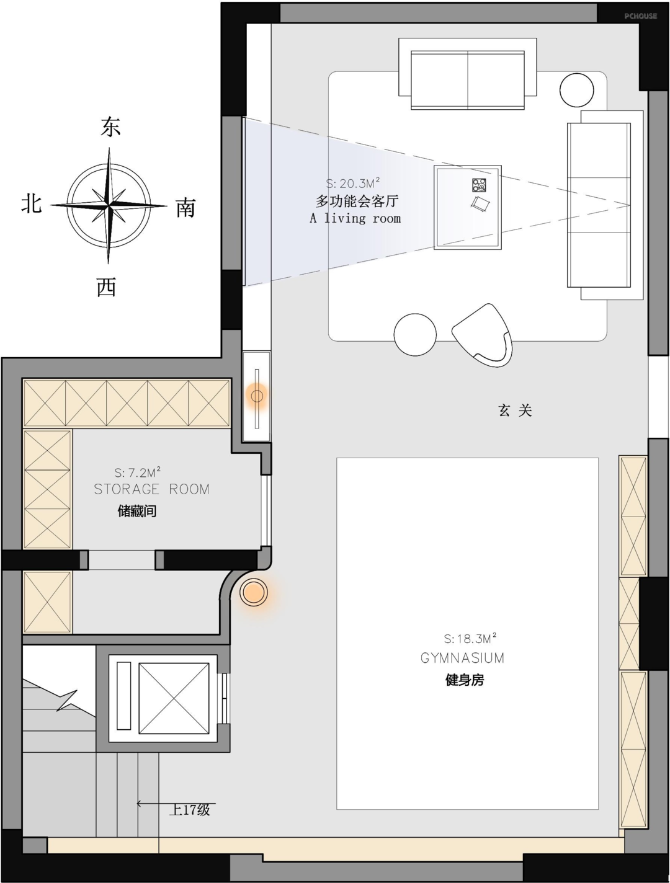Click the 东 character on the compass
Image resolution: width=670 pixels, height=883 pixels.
(110, 126)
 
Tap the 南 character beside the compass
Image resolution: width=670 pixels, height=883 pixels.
(185, 208)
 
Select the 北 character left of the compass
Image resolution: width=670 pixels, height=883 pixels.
(32, 203)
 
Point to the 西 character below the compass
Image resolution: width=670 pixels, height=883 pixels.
(107, 287)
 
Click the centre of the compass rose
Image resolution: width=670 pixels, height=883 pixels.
(109, 206)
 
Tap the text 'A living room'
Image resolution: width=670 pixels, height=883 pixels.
(355, 218)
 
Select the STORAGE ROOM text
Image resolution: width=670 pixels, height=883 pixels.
(152, 489)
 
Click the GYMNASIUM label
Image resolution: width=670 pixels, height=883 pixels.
(462, 658)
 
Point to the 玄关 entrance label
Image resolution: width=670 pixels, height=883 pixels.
(515, 410)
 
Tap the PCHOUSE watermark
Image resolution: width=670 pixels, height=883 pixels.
(641, 16)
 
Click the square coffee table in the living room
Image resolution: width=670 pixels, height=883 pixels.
(468, 207)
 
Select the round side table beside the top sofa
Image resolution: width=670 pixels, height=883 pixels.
(577, 90)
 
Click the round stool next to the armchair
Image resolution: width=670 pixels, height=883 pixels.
(415, 335)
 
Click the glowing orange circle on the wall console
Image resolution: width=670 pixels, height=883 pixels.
(257, 396)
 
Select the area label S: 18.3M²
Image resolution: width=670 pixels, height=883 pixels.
(470, 639)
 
